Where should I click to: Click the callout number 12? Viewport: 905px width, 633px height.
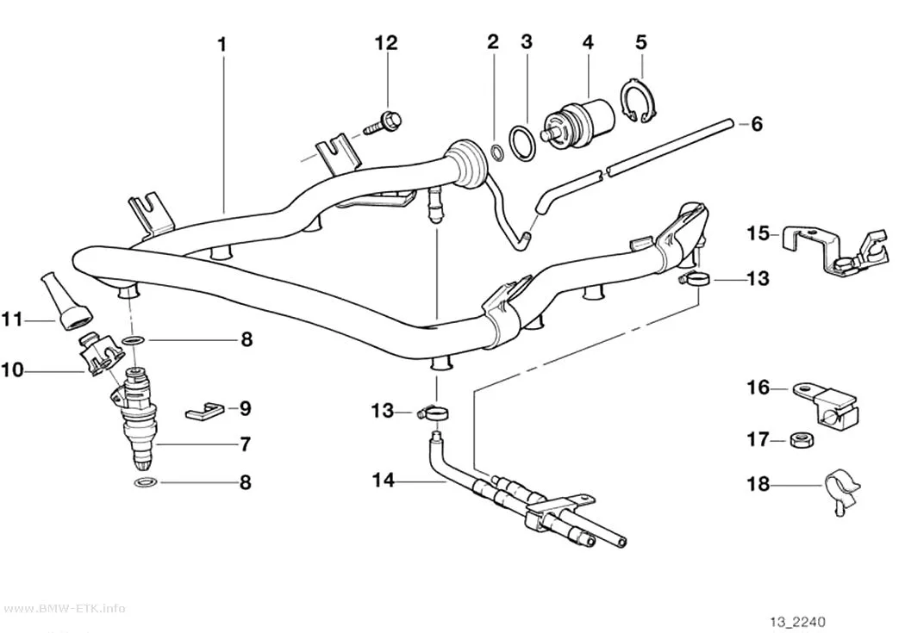point(386,43)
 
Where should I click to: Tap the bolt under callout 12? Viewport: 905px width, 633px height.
point(384,122)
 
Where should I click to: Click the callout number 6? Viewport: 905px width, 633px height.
point(756,124)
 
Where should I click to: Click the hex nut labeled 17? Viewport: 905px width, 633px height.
point(802,440)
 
